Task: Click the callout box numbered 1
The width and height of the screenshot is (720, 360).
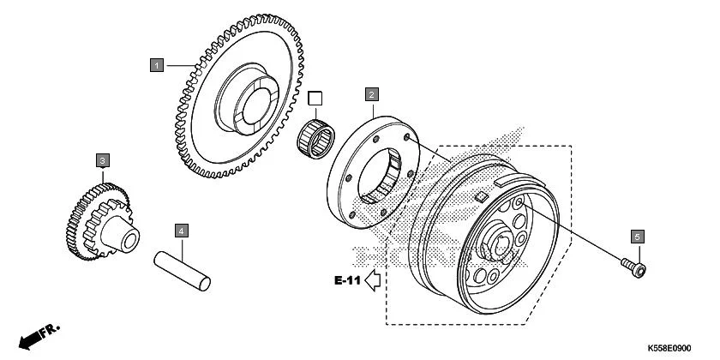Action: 157,65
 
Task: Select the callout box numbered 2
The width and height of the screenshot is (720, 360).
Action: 371,94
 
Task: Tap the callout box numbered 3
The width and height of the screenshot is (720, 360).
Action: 102,161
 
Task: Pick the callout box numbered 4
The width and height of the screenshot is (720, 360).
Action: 182,231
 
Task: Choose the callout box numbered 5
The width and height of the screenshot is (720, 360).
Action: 637,237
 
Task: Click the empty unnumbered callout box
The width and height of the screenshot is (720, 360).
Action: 315,99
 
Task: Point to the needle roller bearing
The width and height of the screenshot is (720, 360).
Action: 316,138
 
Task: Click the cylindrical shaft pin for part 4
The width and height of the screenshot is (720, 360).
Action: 183,271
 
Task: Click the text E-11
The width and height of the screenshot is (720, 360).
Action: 347,280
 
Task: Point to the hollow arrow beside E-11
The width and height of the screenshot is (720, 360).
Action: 373,280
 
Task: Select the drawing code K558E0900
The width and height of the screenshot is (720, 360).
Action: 669,349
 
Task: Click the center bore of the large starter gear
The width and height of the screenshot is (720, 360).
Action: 255,106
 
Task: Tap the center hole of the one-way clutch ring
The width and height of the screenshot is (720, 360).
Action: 379,177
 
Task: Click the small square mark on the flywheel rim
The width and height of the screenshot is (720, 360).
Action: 481,197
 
